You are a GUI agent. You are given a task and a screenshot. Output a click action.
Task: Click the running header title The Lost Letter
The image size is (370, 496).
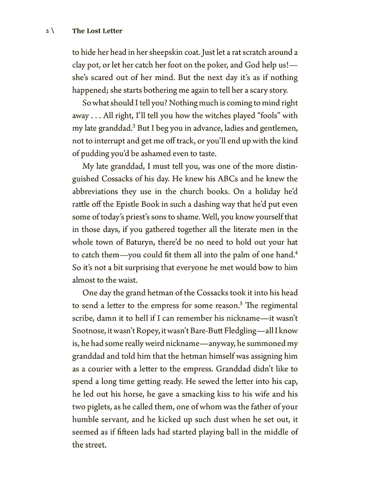[97, 32]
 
